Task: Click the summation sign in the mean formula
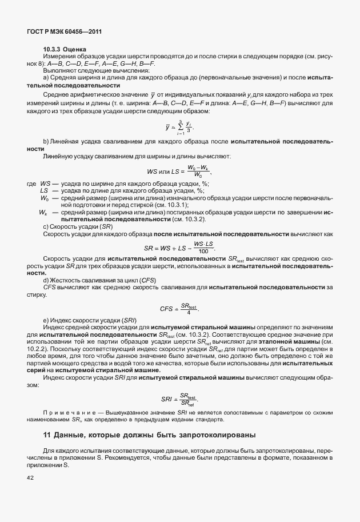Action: (x=180, y=127)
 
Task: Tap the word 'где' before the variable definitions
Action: (x=31, y=183)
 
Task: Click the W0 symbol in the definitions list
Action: (x=44, y=197)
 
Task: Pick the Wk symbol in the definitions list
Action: (x=43, y=212)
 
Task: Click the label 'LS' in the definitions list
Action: (x=43, y=190)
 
